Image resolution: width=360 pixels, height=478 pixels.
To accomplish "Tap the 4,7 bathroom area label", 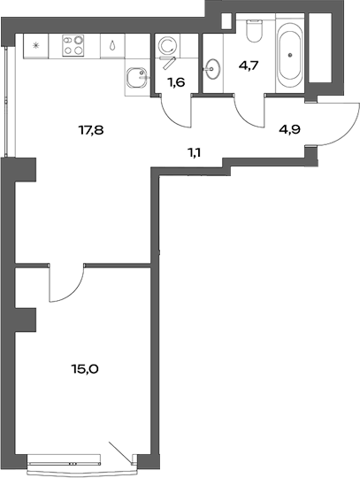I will click(x=249, y=64).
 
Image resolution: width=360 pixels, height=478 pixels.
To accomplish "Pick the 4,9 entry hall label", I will click(x=289, y=128).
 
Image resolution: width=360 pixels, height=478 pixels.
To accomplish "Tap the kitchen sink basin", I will click(x=135, y=78).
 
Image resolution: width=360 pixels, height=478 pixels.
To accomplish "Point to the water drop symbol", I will click(x=114, y=44).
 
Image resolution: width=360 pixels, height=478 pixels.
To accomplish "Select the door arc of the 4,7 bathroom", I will click(x=251, y=113).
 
